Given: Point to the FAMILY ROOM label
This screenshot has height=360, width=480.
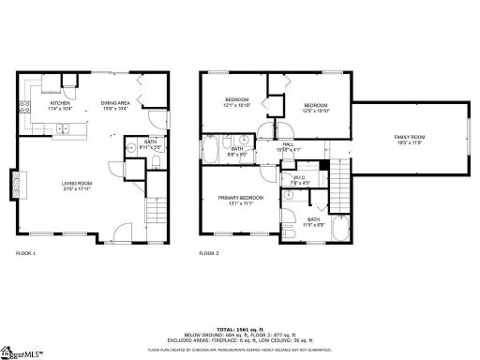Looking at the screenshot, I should [x=408, y=138].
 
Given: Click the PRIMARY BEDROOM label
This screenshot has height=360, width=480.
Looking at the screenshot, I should [x=240, y=198].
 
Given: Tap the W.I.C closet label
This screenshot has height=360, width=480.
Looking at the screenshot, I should [x=298, y=179].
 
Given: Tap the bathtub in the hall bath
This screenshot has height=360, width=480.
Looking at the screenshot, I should [x=211, y=150].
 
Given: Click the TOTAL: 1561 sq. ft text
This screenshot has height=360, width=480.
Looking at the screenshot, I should [x=240, y=330].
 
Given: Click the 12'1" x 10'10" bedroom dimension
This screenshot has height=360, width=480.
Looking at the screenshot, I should [x=236, y=105].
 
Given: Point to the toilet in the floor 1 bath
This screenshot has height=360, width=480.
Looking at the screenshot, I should [x=128, y=149].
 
